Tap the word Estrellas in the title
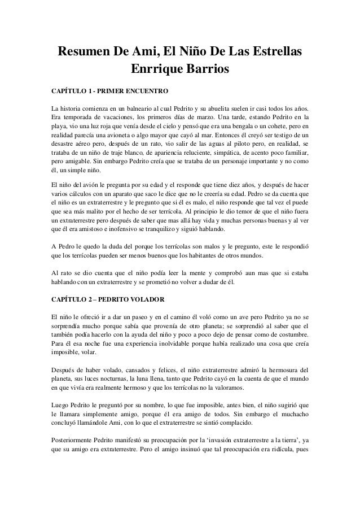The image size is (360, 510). coord(270,53)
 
